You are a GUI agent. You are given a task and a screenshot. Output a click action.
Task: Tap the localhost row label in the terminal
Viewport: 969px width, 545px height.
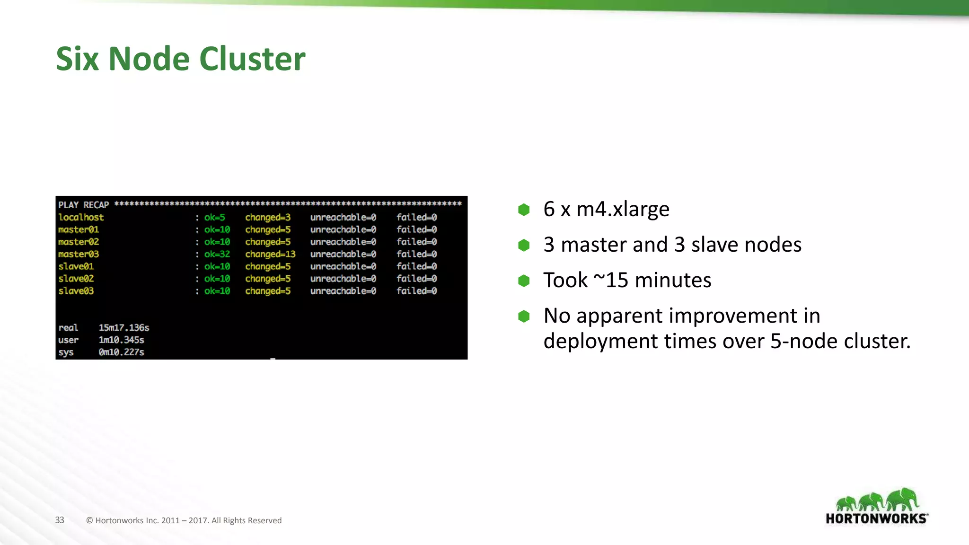pos(81,217)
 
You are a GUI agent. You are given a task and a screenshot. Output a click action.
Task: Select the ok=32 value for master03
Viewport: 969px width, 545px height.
pos(217,254)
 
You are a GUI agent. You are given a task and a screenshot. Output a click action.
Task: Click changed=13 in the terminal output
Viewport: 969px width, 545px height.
pos(270,254)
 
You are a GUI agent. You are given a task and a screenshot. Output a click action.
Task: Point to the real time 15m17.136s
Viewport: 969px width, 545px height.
pos(123,327)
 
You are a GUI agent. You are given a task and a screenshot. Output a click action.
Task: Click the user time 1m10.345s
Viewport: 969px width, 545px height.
pos(121,340)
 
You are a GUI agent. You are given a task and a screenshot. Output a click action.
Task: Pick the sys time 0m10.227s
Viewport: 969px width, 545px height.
pos(121,352)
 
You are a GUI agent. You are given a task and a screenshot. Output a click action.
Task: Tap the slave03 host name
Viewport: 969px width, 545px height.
pos(76,291)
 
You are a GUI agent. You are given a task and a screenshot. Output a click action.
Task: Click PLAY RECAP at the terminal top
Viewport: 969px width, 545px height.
pos(83,205)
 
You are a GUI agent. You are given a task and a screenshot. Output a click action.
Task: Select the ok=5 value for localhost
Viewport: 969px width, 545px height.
pos(214,217)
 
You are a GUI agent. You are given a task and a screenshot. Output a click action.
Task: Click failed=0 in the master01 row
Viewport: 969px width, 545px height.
pos(416,229)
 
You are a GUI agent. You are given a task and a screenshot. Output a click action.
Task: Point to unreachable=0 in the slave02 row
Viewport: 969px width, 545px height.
pos(343,279)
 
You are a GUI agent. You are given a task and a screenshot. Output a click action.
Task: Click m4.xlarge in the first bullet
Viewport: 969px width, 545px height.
pos(623,209)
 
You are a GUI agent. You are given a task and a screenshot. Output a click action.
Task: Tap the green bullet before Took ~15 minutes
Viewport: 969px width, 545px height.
pos(524,281)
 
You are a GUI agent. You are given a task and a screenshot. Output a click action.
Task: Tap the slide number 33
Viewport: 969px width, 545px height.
pos(60,520)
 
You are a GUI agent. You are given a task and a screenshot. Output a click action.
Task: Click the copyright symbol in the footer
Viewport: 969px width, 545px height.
pos(89,520)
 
